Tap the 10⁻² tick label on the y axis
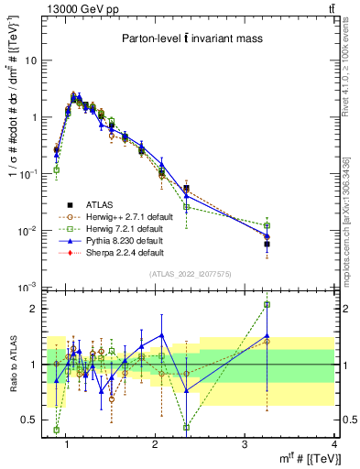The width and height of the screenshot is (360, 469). [x=29, y=231]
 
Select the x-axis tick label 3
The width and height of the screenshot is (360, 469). [x=243, y=444]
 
